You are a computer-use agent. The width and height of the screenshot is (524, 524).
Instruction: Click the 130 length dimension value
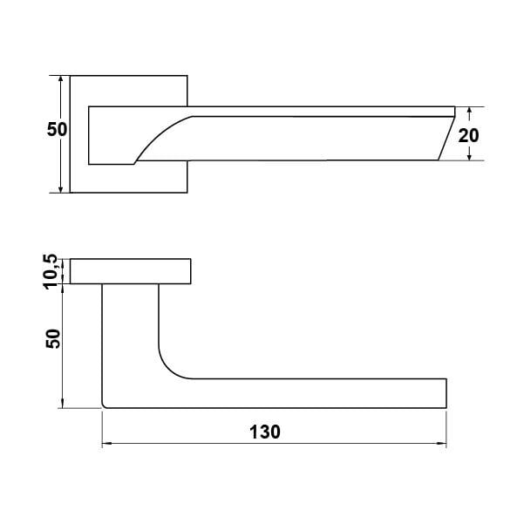click(265, 432)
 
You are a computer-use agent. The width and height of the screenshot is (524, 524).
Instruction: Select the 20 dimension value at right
click(468, 135)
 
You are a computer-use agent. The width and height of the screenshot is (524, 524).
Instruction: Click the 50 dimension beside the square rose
click(57, 129)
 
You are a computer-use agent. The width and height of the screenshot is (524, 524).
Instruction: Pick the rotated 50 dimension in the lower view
click(53, 339)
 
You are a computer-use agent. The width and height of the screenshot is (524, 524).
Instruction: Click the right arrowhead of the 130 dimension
click(442, 444)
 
